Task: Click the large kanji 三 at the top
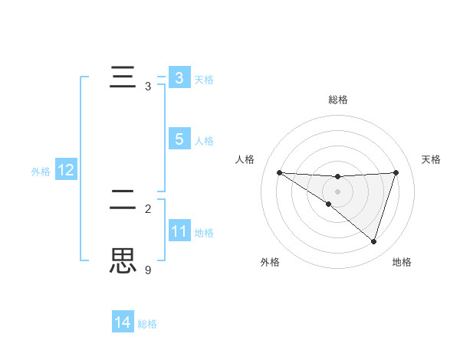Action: click(123, 78)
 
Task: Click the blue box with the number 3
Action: click(179, 78)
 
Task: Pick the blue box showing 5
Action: click(179, 139)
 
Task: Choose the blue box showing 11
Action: click(179, 231)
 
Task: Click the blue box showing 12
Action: click(66, 170)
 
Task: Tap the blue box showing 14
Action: click(123, 323)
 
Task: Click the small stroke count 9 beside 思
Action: click(148, 270)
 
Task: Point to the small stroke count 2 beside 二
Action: click(148, 208)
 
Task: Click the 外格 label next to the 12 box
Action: click(41, 172)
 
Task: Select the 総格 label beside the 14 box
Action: click(147, 324)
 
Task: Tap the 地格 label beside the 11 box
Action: click(204, 232)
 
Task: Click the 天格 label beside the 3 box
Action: click(204, 79)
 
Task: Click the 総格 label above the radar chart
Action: click(337, 100)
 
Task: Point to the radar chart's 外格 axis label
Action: click(270, 262)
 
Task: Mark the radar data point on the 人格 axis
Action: click(280, 173)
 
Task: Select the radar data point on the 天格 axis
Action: click(396, 172)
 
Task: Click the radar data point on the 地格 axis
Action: click(374, 241)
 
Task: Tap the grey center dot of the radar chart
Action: click(337, 191)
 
